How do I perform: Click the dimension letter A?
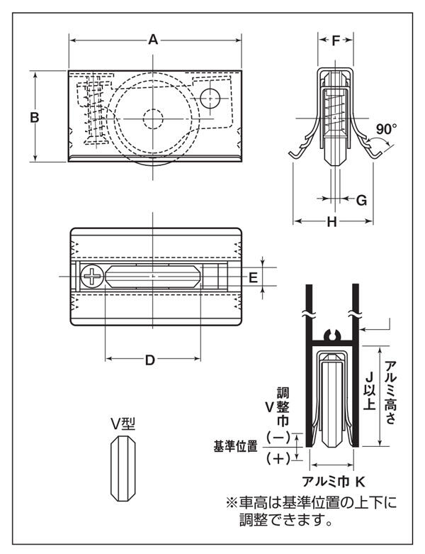point(153,40)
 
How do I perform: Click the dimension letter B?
point(35,117)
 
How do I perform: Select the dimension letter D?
point(150,360)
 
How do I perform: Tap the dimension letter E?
point(253,277)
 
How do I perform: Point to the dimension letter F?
point(336,41)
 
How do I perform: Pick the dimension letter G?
point(361,200)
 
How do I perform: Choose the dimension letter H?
point(331,222)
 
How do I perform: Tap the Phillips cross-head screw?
point(92,277)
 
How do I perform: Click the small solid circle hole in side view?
point(210,99)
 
